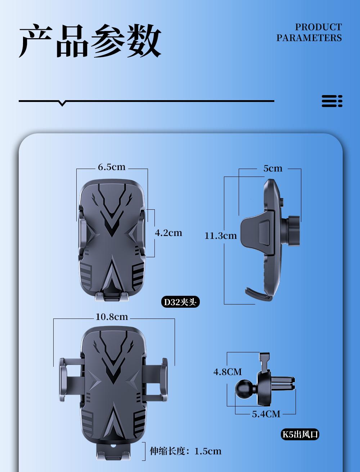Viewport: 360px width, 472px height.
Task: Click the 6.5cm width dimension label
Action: (x=112, y=167)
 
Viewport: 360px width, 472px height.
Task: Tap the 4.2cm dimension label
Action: (x=168, y=233)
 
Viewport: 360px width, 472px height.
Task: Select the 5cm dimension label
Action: (x=273, y=168)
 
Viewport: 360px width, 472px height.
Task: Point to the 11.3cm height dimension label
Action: (x=221, y=236)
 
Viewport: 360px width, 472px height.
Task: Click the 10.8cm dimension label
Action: (x=112, y=317)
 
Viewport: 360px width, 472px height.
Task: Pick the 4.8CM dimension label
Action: (x=228, y=372)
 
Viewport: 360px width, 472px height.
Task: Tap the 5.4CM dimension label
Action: (x=266, y=414)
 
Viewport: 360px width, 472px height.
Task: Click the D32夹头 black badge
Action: (x=180, y=302)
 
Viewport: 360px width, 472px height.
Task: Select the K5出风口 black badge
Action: (x=300, y=435)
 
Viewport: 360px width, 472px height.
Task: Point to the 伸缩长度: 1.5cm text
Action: (x=186, y=451)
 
